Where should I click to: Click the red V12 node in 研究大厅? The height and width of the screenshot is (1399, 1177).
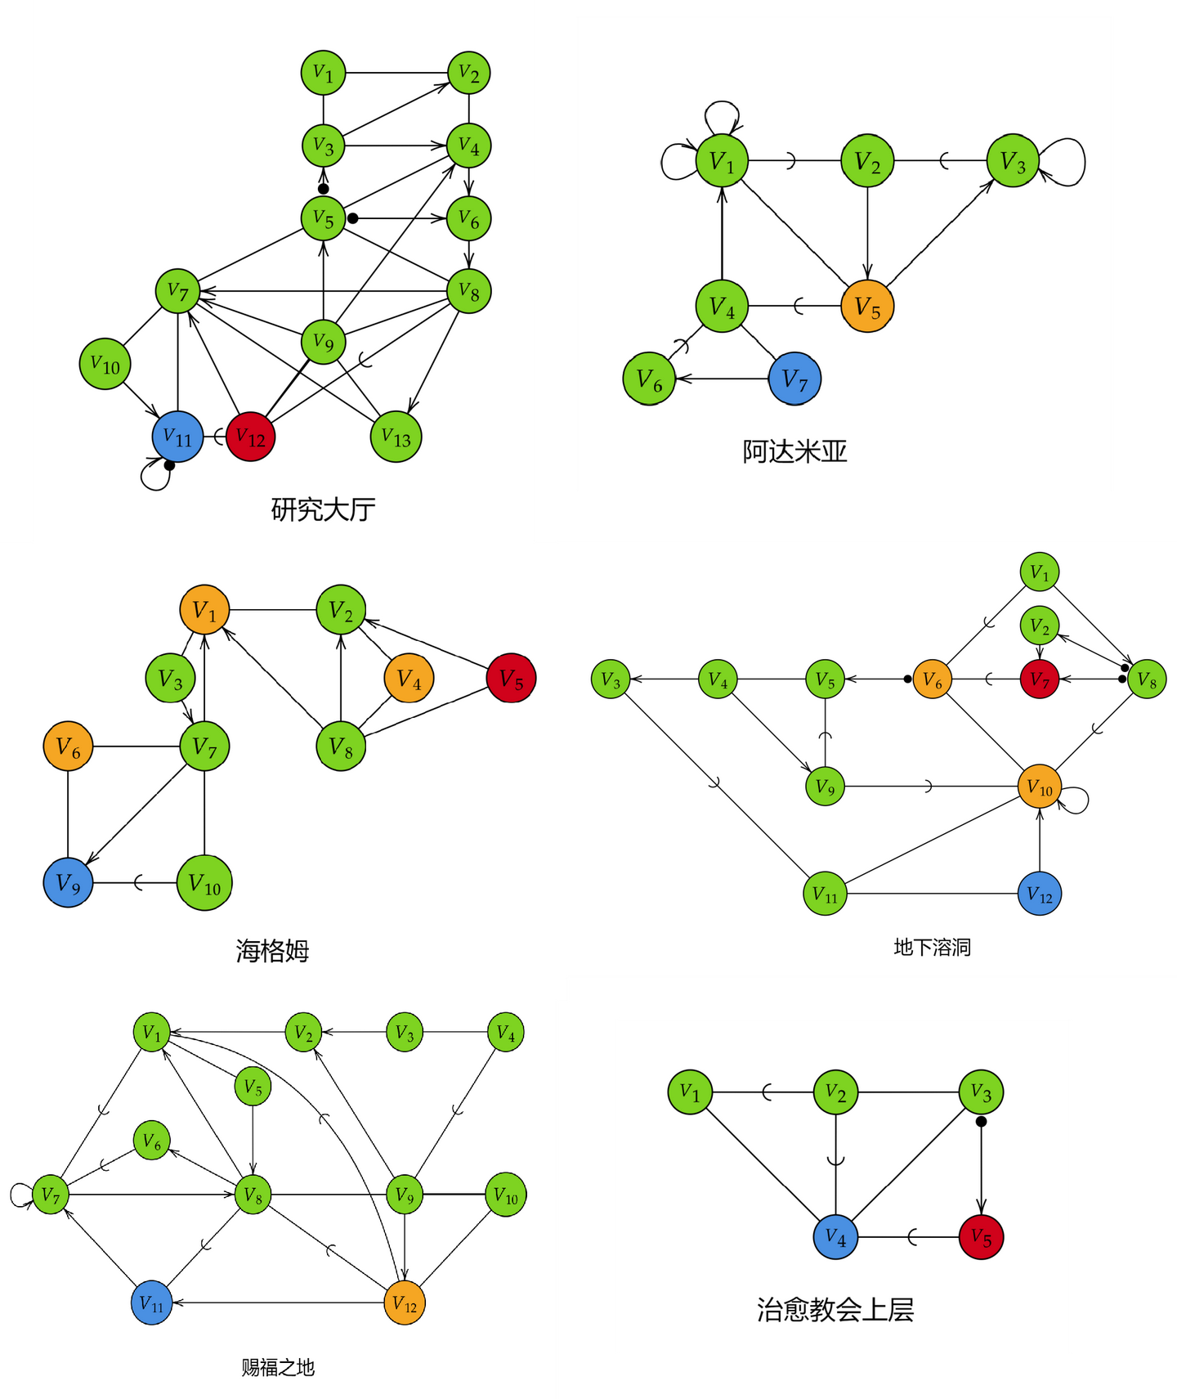pos(250,437)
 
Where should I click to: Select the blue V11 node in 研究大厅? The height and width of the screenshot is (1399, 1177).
pos(177,437)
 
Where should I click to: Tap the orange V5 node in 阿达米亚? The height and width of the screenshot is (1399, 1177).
pos(867,307)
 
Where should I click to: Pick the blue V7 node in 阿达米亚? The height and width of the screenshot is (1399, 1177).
pos(794,379)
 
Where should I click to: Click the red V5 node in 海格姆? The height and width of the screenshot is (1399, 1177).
pos(511,678)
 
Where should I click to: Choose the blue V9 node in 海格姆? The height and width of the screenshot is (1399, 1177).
pos(68,883)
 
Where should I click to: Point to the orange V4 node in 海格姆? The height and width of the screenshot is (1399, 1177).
pos(409,678)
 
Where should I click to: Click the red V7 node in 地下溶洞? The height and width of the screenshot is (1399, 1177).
pos(1040,679)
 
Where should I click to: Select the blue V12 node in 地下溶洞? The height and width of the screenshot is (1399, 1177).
pos(1040,894)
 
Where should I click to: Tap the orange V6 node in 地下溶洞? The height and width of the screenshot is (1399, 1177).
pos(933,679)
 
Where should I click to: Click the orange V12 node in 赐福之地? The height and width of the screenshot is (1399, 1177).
pos(405,1303)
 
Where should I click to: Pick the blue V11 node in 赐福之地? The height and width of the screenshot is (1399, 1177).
pos(152,1303)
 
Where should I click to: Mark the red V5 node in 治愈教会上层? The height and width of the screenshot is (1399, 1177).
pos(981,1237)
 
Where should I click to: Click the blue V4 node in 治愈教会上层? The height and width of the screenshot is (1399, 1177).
pos(835,1237)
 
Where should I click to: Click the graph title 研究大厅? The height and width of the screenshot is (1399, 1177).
pos(323,509)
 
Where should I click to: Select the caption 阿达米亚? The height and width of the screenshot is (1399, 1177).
pos(794,451)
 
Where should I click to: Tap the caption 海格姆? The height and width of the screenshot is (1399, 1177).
pos(272,951)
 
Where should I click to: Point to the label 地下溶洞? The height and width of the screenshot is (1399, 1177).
pos(932,947)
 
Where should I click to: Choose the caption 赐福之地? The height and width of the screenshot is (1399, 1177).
pos(278,1367)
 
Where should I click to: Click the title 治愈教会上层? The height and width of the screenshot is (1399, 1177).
pos(835,1310)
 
